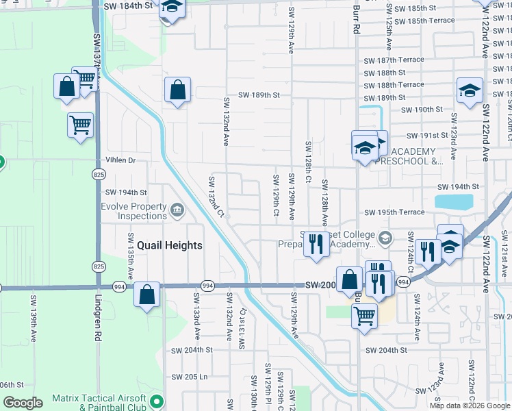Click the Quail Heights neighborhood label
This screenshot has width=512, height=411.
point(170,245)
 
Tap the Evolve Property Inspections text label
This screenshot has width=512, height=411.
point(133,211)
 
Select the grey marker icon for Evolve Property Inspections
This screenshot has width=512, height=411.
point(178,210)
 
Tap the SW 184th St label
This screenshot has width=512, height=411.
point(128,5)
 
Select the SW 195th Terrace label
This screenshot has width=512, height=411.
point(394,212)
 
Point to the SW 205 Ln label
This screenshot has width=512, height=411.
point(189,377)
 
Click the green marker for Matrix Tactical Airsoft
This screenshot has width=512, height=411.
point(157,401)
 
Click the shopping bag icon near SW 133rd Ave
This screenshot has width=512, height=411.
point(147,295)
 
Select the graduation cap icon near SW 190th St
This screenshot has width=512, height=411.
point(470,90)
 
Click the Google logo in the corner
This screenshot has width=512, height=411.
point(23,403)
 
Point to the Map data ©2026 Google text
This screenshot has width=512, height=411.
point(469,406)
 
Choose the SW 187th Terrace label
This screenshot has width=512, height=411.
point(394,60)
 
